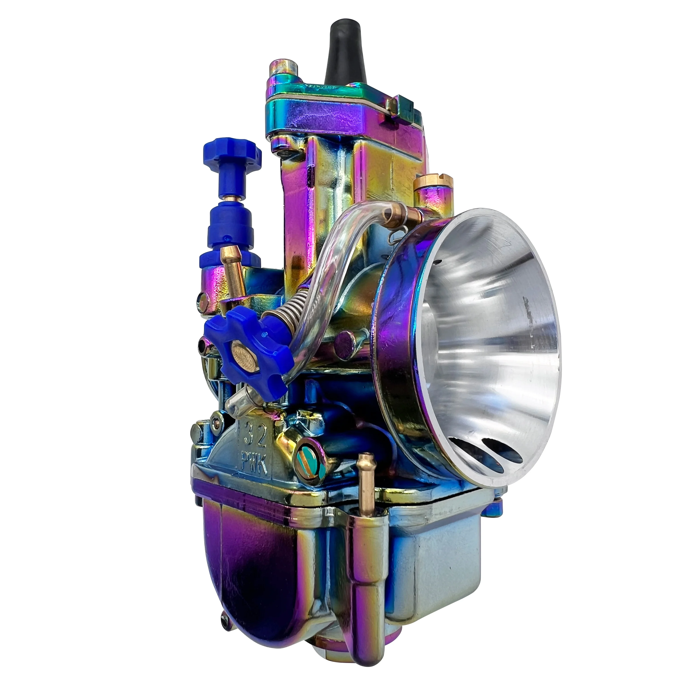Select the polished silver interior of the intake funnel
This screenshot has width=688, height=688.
click(x=495, y=320)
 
